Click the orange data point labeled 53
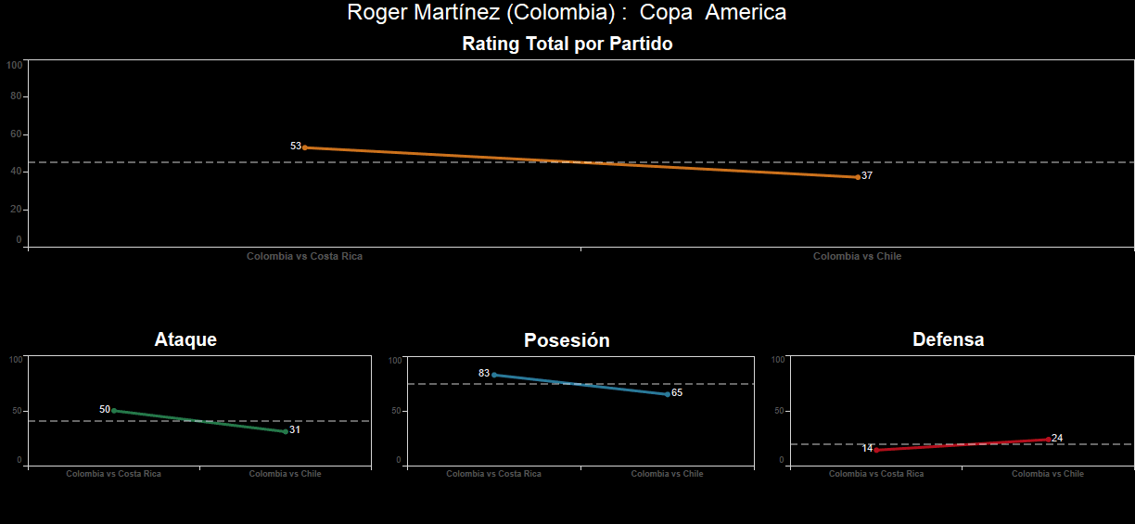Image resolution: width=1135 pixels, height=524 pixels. click(305, 147)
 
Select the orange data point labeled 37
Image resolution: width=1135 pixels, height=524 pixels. click(858, 177)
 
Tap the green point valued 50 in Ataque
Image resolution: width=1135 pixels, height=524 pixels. click(114, 410)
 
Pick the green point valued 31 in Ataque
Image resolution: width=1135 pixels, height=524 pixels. click(286, 431)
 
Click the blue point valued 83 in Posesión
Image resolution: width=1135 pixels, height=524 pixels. click(494, 375)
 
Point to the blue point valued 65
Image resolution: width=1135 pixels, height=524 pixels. click(668, 394)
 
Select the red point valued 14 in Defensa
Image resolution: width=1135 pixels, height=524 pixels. click(876, 450)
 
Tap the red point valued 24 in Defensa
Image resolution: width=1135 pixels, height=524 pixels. click(1048, 440)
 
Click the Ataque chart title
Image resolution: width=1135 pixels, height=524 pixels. click(185, 339)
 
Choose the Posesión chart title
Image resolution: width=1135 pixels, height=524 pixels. click(567, 340)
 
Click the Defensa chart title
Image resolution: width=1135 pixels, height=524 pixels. click(948, 339)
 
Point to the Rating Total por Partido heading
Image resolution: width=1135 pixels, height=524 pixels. click(567, 44)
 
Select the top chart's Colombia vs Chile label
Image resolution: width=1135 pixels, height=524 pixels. click(857, 256)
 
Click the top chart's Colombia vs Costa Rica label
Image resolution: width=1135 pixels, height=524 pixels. click(304, 256)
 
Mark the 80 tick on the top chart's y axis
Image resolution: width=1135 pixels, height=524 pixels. click(16, 96)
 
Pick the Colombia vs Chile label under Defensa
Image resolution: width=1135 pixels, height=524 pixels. click(1047, 474)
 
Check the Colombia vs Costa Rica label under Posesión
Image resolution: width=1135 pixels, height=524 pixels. click(493, 474)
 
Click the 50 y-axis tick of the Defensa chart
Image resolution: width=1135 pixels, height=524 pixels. click(779, 411)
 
